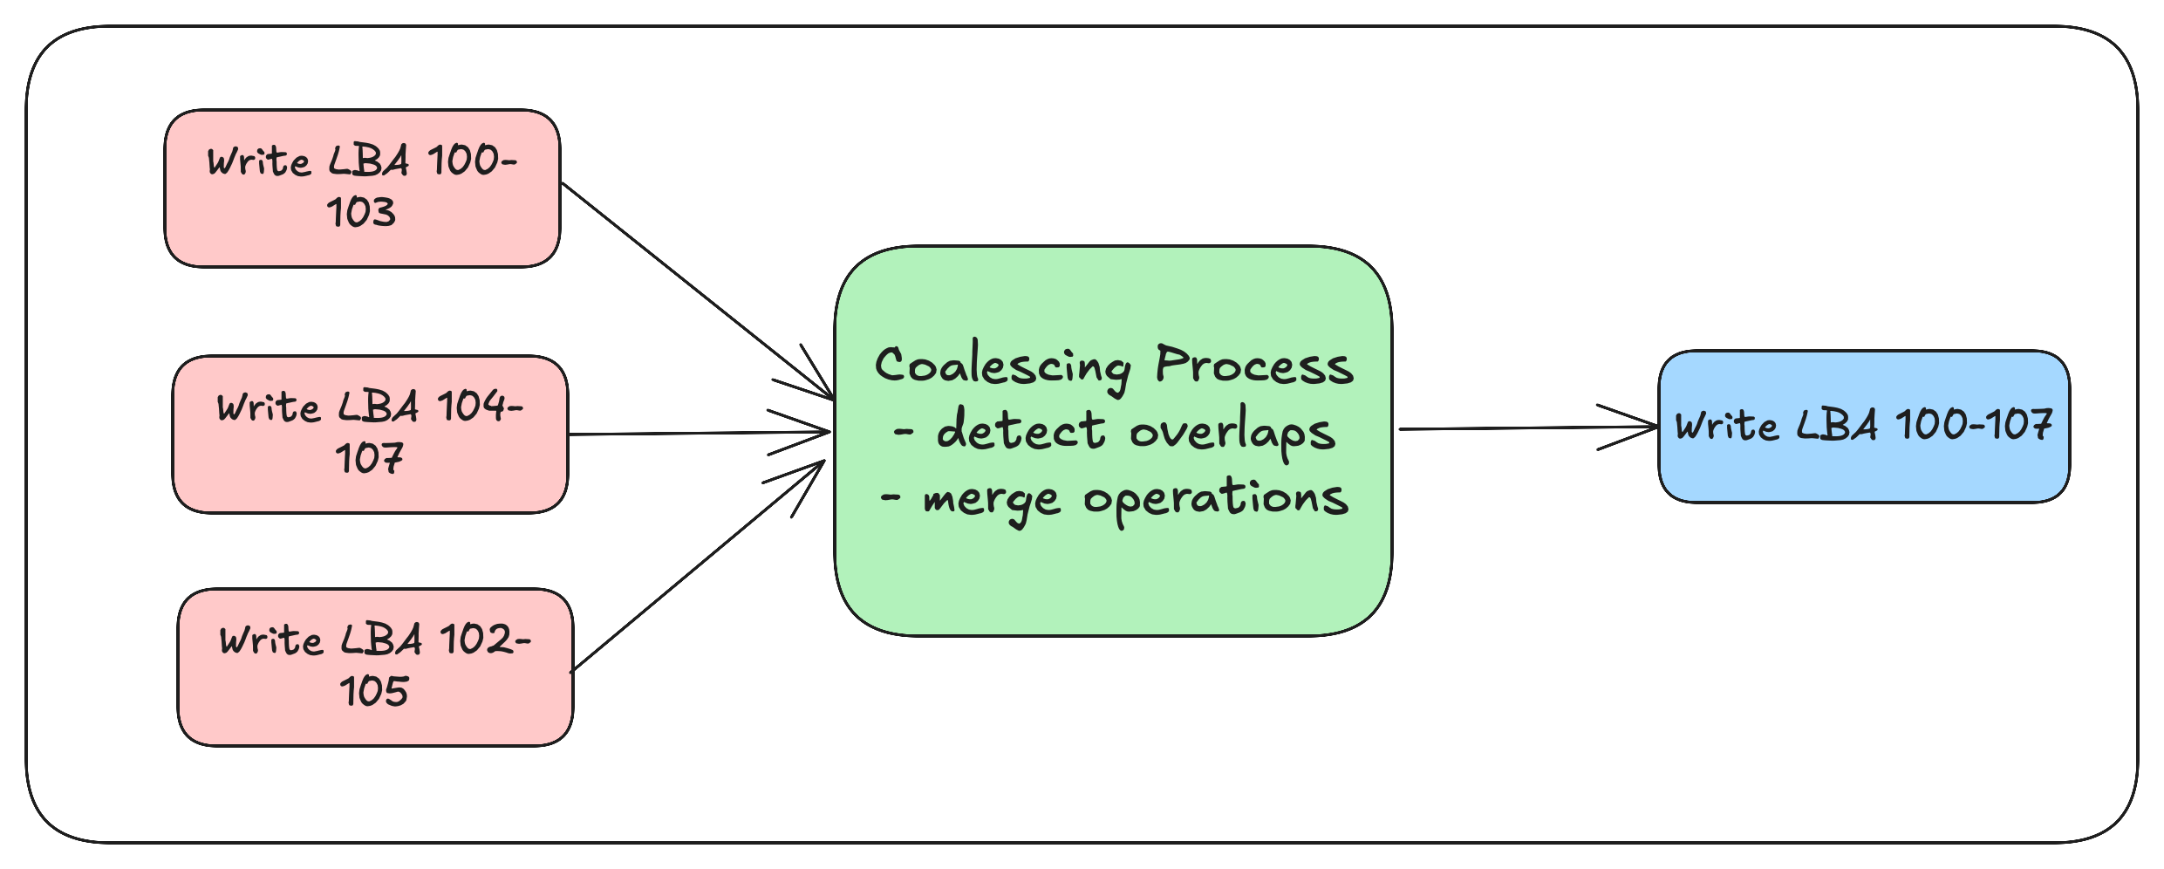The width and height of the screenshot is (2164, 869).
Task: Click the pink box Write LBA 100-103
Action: [x=363, y=188]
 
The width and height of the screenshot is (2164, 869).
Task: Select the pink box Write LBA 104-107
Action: [x=371, y=434]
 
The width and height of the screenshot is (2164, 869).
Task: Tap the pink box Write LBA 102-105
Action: [x=376, y=667]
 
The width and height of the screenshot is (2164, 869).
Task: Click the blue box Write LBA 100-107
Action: [x=1864, y=427]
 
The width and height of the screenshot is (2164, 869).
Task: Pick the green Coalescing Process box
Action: [x=1114, y=441]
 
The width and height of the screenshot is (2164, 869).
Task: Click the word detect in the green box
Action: [x=1021, y=429]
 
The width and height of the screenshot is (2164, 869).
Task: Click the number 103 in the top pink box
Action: [x=362, y=213]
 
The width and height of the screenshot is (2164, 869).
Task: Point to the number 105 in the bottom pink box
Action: [x=374, y=692]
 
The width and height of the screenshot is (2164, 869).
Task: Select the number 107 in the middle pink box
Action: [x=370, y=459]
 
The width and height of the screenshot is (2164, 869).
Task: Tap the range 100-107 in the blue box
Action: [x=1975, y=425]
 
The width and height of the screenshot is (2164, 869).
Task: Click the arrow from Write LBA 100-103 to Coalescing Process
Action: [x=698, y=291]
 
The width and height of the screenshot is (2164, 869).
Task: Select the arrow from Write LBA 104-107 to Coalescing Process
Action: [x=700, y=433]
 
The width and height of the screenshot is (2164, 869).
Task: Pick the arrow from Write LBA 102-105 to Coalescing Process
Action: [x=698, y=567]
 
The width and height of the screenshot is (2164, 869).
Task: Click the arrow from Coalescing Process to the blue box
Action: [x=1528, y=428]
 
